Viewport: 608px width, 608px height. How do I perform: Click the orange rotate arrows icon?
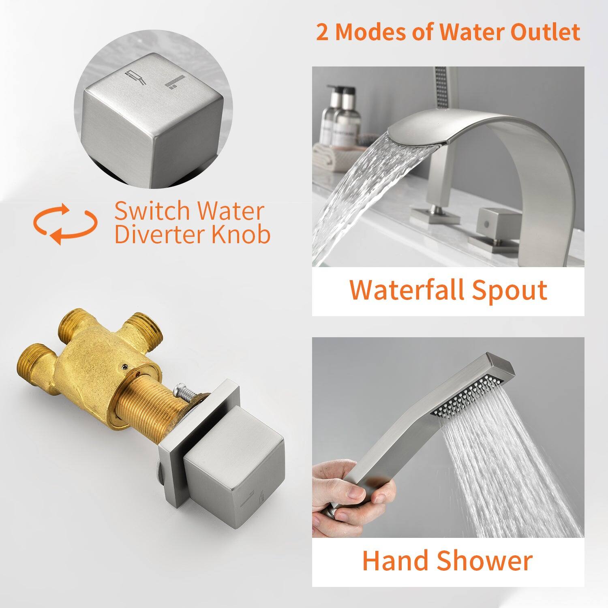[x=65, y=224]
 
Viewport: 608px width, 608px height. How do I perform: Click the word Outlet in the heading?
[x=545, y=32]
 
